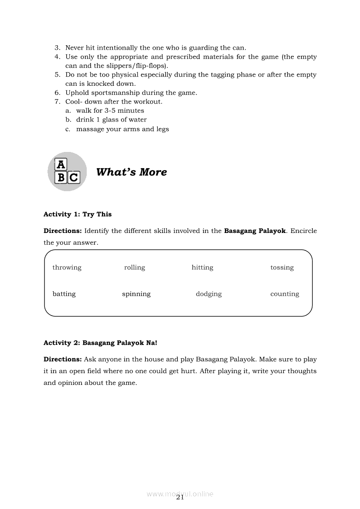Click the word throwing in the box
(67, 267)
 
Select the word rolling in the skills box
(134, 267)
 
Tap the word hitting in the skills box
(202, 267)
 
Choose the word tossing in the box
(282, 267)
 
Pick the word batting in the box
(64, 294)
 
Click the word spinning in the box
(136, 294)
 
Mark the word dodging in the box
(208, 294)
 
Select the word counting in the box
(285, 294)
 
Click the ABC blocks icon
(67, 172)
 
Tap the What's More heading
(131, 172)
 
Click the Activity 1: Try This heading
(78, 214)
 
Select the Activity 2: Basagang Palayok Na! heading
(100, 343)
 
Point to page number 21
(180, 498)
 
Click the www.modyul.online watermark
(180, 494)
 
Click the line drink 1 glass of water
(111, 120)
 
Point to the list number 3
(57, 48)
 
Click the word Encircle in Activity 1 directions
(303, 231)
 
